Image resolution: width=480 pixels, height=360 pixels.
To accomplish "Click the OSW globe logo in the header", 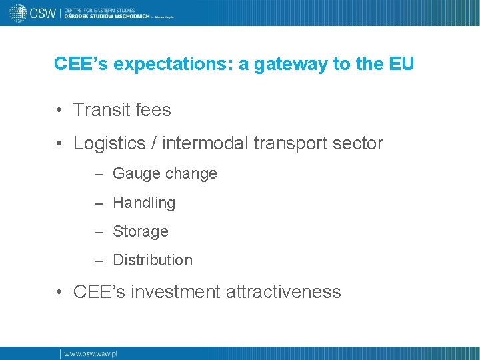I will (18, 13).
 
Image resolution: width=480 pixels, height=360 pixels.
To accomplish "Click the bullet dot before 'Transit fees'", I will (60, 110).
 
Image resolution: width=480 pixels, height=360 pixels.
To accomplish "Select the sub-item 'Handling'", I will (144, 203).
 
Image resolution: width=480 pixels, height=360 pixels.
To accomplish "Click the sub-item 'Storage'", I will (141, 231).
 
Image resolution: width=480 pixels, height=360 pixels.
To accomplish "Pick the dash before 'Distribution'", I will (99, 261).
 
